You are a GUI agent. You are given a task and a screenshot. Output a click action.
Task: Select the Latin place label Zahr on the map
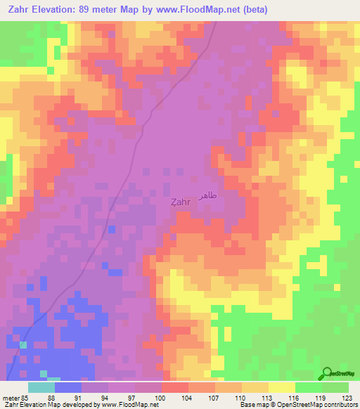coord(180,202)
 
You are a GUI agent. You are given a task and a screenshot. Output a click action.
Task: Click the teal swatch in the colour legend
coord(41,387)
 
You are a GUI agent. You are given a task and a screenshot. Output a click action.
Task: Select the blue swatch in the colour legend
coord(68,387)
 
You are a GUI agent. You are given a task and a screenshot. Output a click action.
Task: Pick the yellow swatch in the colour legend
coord(282,387)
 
